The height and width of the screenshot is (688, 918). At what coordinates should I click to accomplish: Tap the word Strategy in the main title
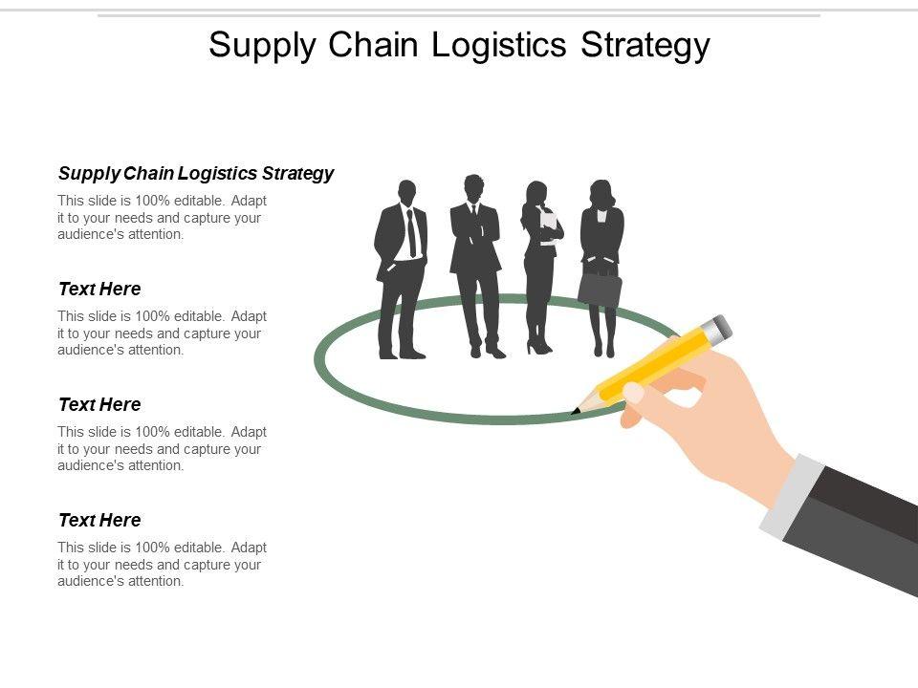[x=646, y=46]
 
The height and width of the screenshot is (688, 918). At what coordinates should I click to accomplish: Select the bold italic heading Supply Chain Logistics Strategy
[x=196, y=173]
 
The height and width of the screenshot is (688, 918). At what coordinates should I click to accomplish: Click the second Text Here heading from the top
[x=99, y=404]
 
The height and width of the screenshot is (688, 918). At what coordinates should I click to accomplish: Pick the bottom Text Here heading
[x=99, y=520]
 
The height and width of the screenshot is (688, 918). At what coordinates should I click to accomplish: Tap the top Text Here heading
[x=99, y=289]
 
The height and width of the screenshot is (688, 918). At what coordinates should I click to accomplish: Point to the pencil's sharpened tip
[x=577, y=412]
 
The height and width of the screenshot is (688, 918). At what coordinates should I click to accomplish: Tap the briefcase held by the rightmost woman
[x=600, y=289]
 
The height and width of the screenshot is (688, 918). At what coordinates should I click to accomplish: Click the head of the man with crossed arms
[x=473, y=187]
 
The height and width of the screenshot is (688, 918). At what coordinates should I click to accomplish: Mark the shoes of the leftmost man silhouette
[x=401, y=354]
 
